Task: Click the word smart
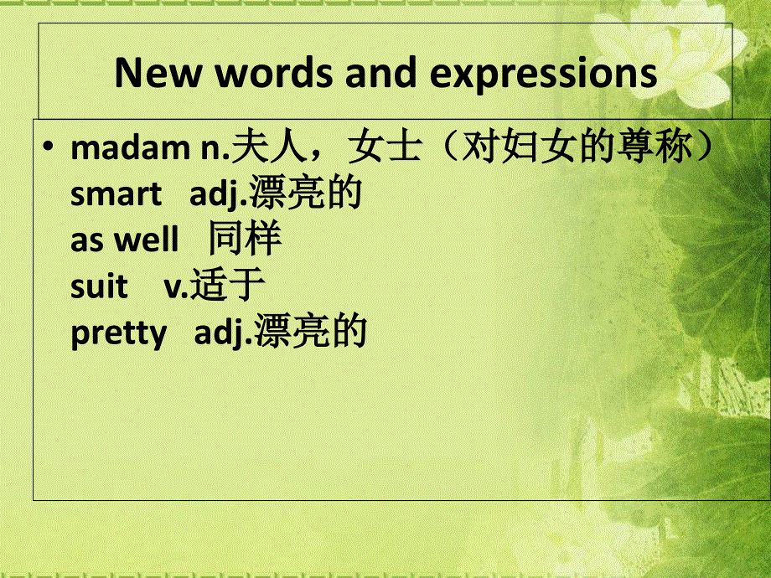116,194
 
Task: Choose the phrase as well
124,240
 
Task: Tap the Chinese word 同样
246,240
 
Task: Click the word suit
99,286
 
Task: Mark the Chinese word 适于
228,286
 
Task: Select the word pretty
119,333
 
